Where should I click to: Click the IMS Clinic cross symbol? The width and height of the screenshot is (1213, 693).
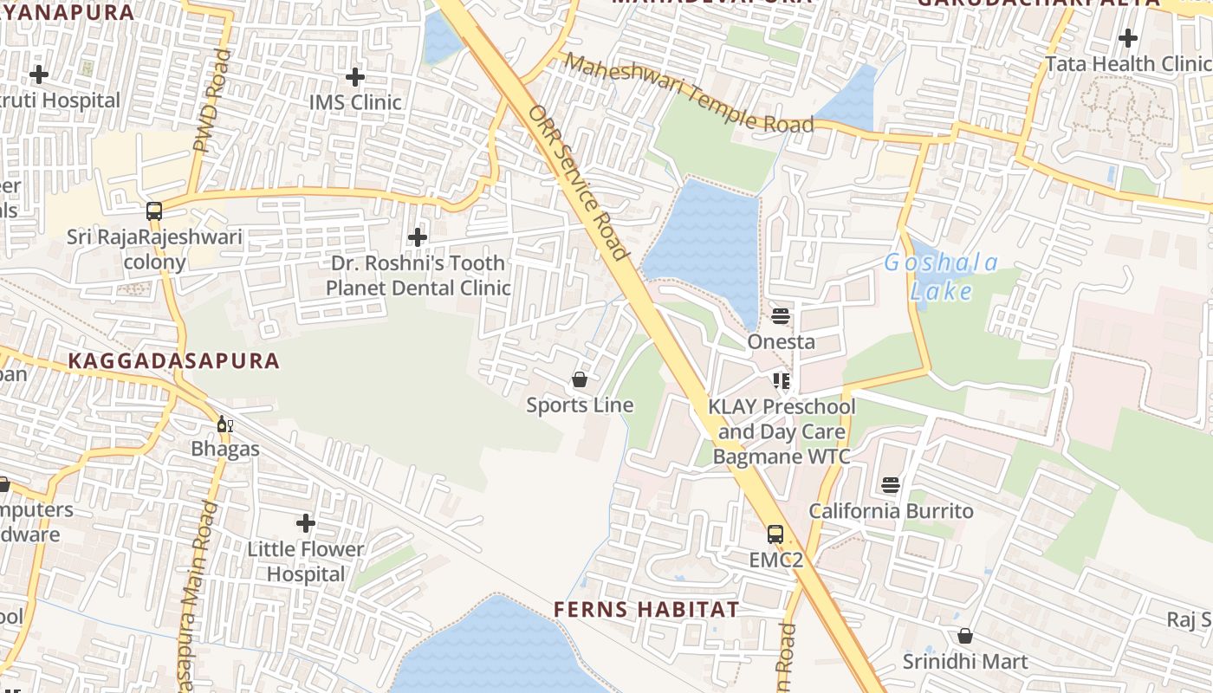pyautogui.click(x=354, y=76)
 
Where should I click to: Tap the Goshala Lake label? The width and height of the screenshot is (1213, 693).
pyautogui.click(x=941, y=277)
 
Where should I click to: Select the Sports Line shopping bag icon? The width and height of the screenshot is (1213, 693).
pyautogui.click(x=580, y=379)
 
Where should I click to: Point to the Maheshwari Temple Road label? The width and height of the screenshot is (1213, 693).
pyautogui.click(x=691, y=94)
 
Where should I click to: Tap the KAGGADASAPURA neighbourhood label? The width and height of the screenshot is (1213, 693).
pyautogui.click(x=174, y=361)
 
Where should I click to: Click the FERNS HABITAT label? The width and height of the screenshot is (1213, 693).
pyautogui.click(x=646, y=609)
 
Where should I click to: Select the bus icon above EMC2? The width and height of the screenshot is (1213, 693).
pyautogui.click(x=775, y=534)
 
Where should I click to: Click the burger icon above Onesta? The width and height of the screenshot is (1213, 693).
pyautogui.click(x=781, y=316)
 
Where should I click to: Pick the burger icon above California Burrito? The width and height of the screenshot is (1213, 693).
pyautogui.click(x=891, y=485)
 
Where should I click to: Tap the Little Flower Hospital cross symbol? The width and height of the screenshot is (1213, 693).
pyautogui.click(x=305, y=523)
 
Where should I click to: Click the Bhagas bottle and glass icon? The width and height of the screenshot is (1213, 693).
pyautogui.click(x=224, y=424)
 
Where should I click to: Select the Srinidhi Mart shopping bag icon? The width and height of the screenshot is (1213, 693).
pyautogui.click(x=964, y=636)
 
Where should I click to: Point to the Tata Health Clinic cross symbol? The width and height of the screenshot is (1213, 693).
pyautogui.click(x=1127, y=38)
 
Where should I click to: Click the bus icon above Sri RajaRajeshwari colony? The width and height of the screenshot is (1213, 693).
pyautogui.click(x=154, y=210)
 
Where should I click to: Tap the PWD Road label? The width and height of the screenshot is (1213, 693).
pyautogui.click(x=212, y=101)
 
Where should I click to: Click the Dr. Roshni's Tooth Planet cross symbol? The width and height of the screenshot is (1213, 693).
pyautogui.click(x=418, y=236)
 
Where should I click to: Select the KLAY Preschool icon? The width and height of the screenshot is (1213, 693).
pyautogui.click(x=782, y=381)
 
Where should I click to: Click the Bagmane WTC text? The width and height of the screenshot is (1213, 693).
pyautogui.click(x=781, y=456)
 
